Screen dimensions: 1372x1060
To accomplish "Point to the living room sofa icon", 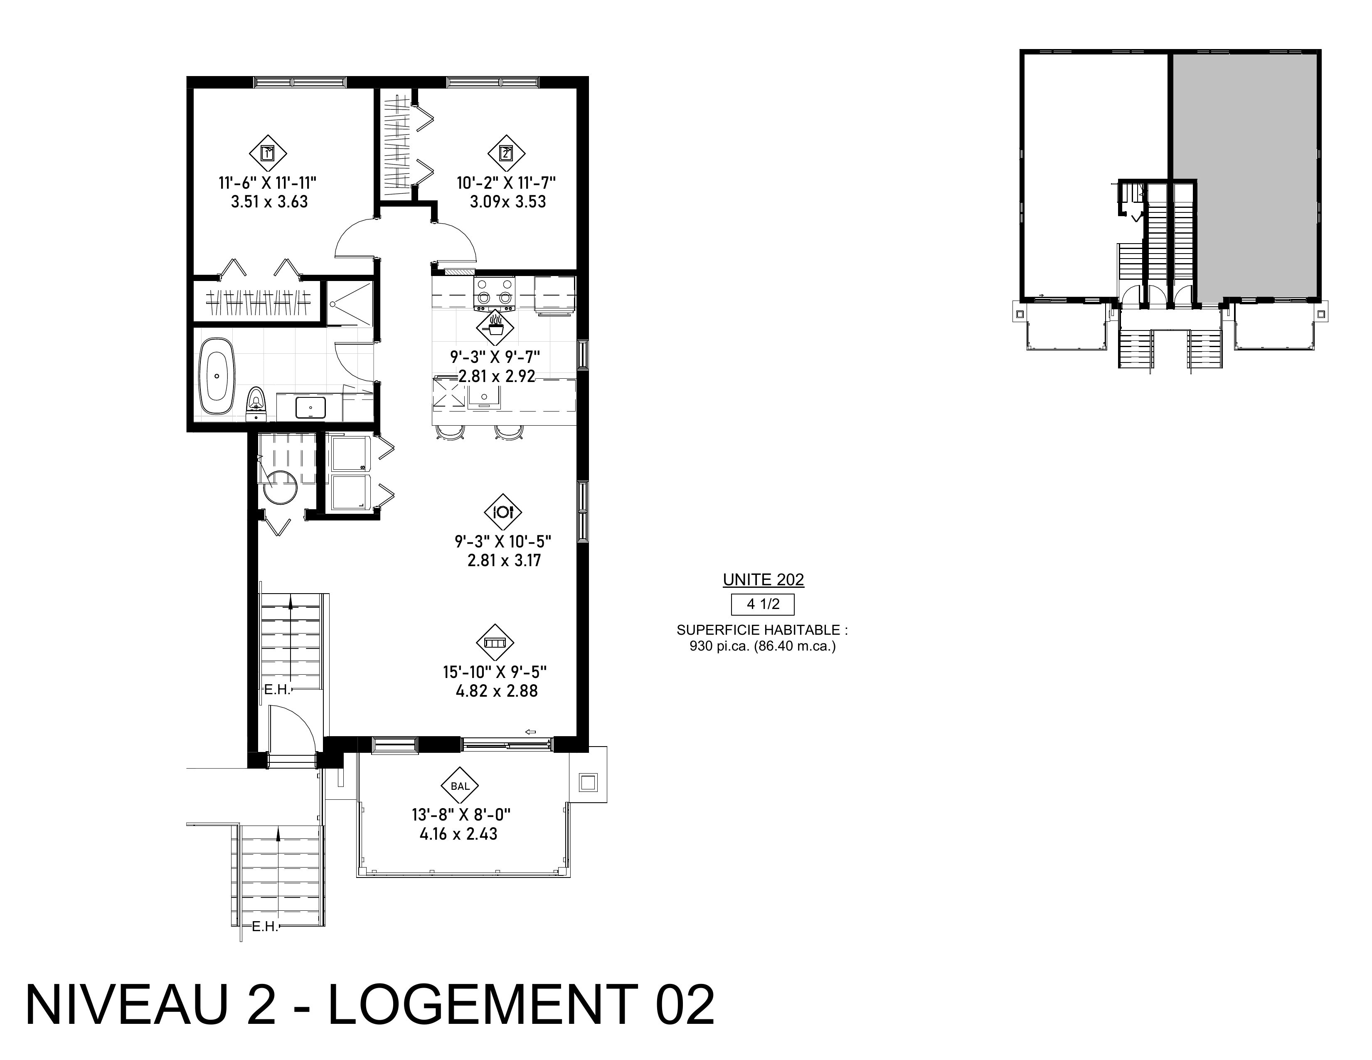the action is coord(495,642).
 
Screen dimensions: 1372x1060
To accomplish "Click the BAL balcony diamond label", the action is coord(461,785).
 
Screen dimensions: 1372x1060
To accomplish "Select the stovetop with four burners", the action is coord(495,293).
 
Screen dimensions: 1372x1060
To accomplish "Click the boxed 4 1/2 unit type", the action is coord(763,604).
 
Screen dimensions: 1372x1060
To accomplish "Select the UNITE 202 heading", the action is coord(763,579).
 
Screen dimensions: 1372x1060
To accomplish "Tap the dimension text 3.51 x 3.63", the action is coord(269,202).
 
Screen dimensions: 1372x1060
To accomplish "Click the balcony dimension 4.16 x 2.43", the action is coord(458,834).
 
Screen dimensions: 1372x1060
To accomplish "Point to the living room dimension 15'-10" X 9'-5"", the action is coord(495,672).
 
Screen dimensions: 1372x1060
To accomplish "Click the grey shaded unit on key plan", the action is coord(1244,175).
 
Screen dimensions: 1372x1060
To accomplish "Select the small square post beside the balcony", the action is coord(588,782).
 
